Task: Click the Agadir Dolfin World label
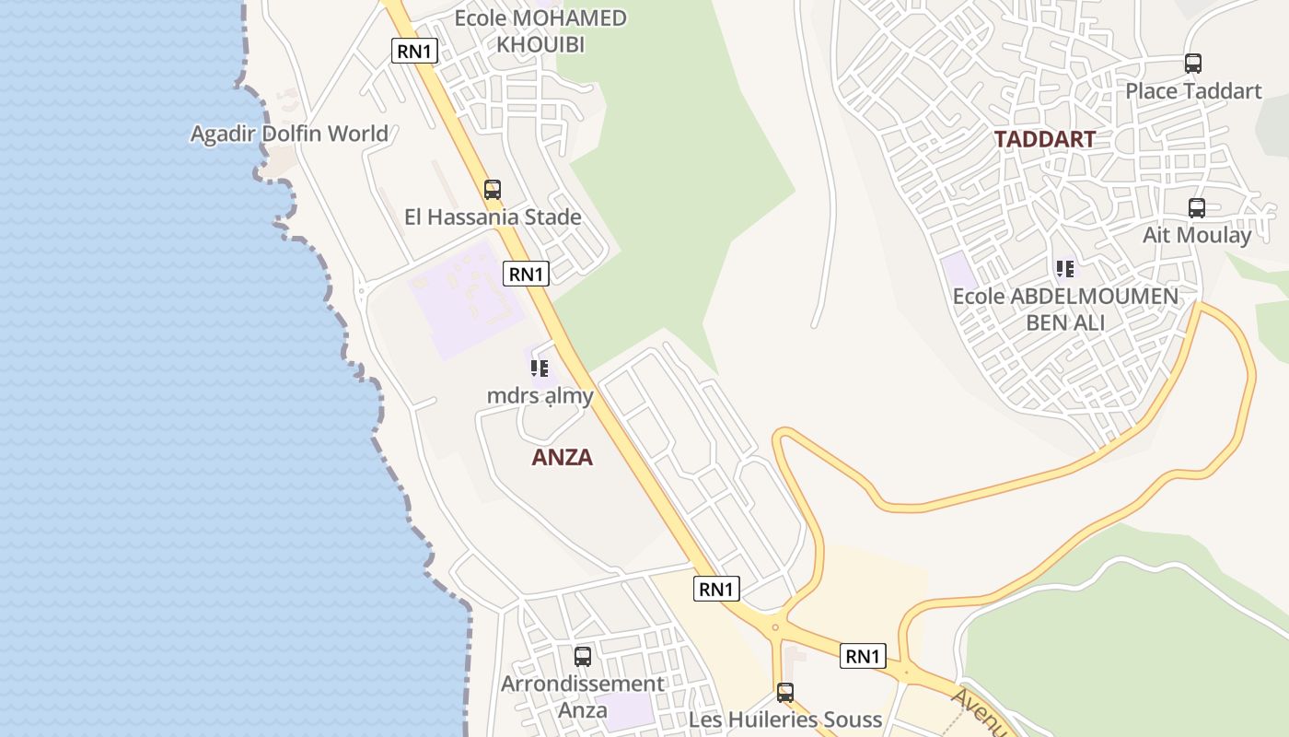pos(289,134)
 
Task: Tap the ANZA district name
pos(562,457)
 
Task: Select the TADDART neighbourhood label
pos(1044,139)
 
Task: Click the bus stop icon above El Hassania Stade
pos(493,190)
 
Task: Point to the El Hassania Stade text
pos(493,217)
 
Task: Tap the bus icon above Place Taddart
pos(1193,64)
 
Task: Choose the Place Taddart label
pos(1193,91)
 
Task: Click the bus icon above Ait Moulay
pos(1196,208)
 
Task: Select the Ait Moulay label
pos(1197,235)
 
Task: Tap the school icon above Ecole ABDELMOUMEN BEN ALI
pos(1065,269)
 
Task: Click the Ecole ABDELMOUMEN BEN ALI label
pos(1065,310)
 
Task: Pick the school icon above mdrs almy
pos(540,368)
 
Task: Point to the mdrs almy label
pos(540,396)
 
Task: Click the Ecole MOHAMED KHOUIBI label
pos(540,30)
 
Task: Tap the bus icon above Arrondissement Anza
pos(583,657)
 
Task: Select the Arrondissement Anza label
pos(582,696)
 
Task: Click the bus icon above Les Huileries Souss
pos(785,692)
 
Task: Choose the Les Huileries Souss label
pos(785,719)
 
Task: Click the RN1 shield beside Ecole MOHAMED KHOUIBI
pos(414,51)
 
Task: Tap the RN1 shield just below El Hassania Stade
pos(527,273)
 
